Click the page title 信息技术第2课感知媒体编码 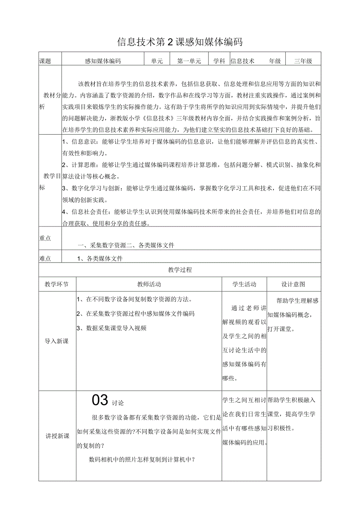180,42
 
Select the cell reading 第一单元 189,61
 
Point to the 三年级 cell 303,61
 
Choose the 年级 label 275,61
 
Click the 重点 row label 45,238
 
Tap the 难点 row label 45,258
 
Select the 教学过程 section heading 180,270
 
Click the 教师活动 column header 149,284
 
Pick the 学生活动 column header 244,284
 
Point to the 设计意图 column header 293,284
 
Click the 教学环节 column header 57,284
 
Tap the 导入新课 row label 57,341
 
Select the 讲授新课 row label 58,436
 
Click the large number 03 100,400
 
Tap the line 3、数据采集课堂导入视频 112,328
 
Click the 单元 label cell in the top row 157,61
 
